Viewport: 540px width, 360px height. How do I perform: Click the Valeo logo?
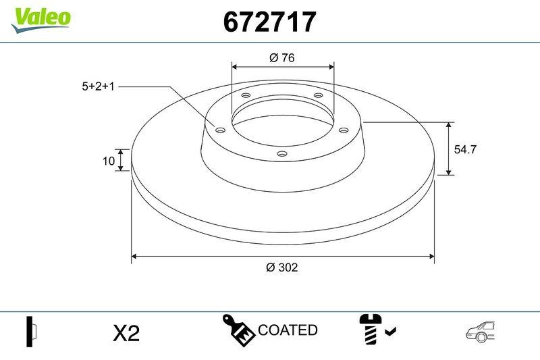point(40,18)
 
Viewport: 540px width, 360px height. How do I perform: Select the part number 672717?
point(269,22)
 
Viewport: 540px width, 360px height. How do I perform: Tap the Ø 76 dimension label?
point(282,58)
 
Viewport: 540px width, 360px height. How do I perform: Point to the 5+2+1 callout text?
point(99,86)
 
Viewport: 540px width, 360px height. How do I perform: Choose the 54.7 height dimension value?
point(465,150)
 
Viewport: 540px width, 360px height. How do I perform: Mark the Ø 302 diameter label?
point(282,267)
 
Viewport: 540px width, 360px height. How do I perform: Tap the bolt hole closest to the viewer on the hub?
point(281,155)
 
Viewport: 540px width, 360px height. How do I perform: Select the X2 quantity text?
point(126,332)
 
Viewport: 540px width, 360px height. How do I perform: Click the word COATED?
point(288,330)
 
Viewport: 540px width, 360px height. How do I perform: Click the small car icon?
point(480,331)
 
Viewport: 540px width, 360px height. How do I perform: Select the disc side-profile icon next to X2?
point(31,331)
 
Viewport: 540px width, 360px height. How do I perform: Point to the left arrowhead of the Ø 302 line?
point(134,256)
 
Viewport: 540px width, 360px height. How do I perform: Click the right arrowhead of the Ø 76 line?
point(331,66)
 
